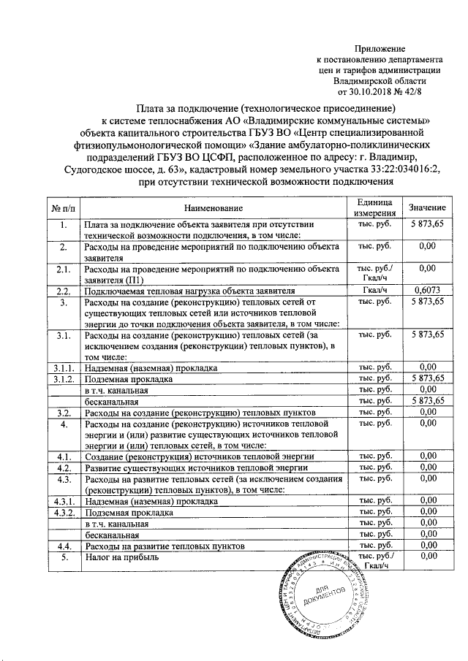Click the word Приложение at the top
[391, 47]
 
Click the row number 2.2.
[64, 290]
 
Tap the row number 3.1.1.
[64, 368]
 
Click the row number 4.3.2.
[64, 513]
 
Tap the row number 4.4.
[64, 546]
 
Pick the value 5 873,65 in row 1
[426, 223]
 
